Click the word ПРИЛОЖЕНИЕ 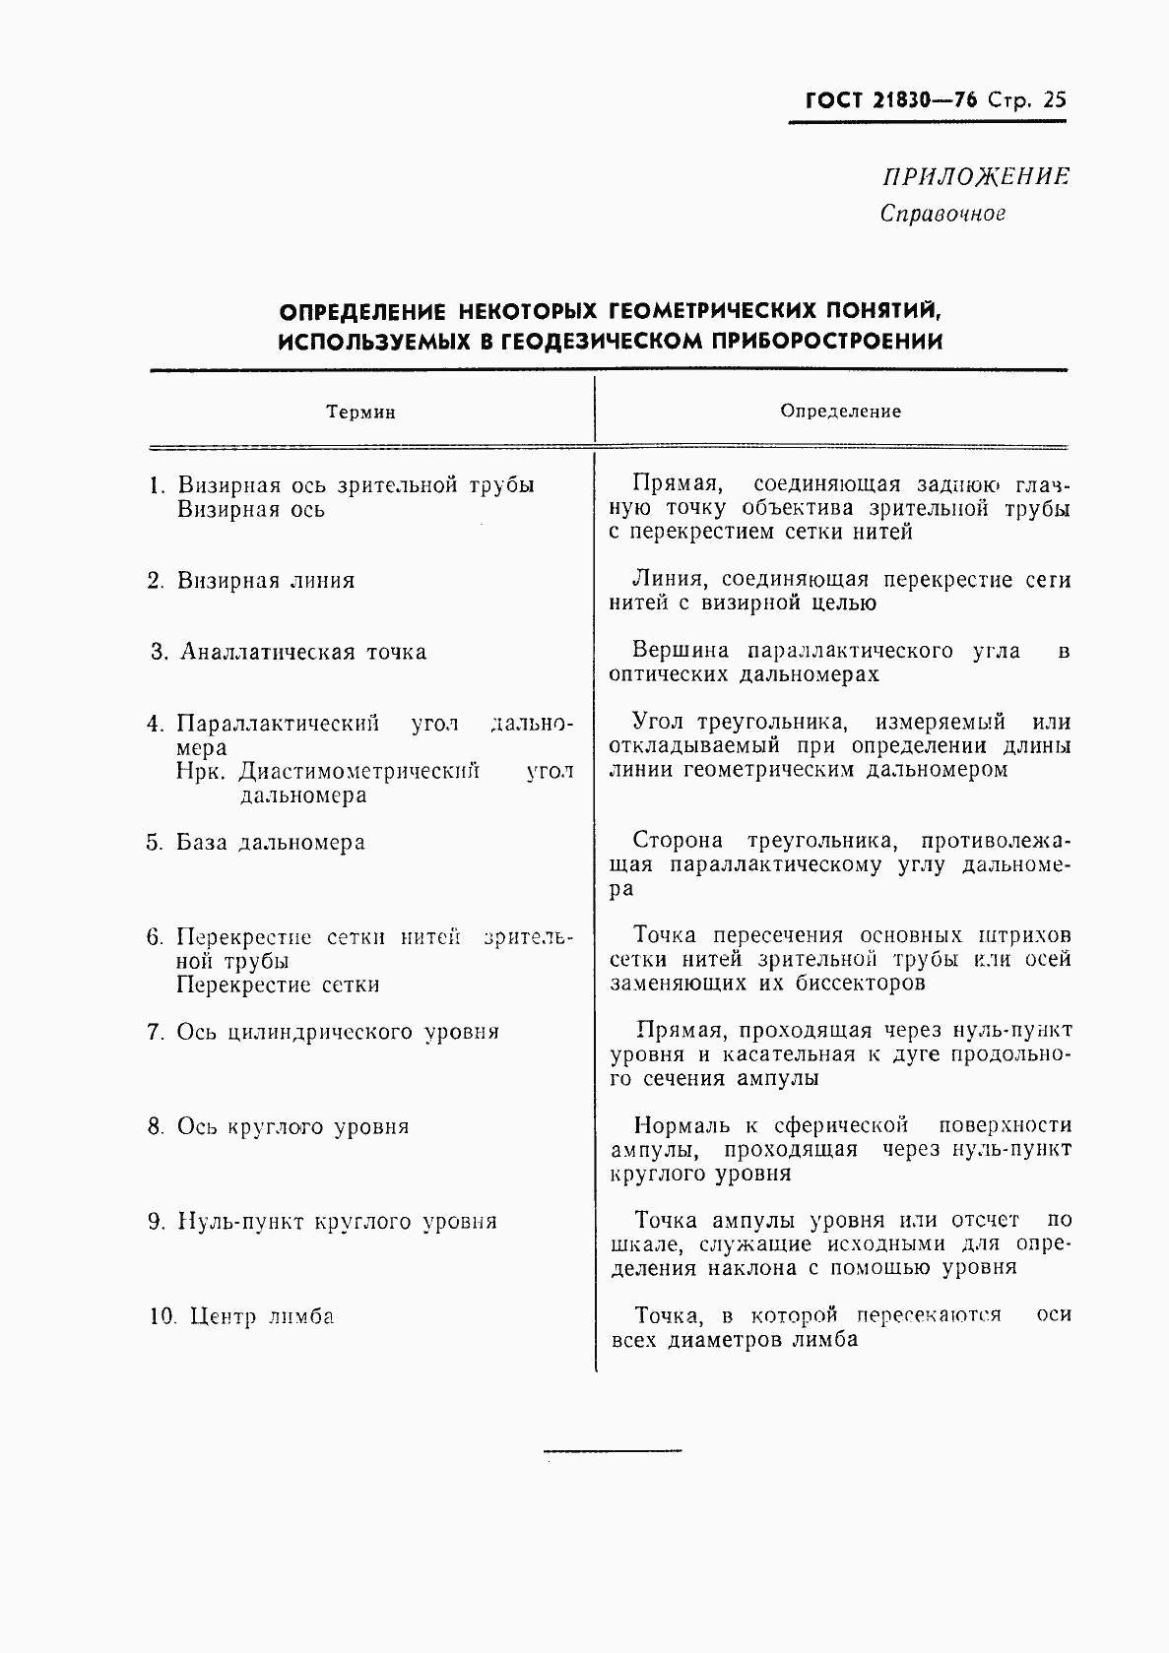pyautogui.click(x=975, y=177)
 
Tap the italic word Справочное pyautogui.click(x=942, y=214)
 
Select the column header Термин pyautogui.click(x=361, y=413)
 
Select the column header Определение pyautogui.click(x=840, y=412)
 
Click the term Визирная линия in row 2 pyautogui.click(x=266, y=581)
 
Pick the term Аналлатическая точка pyautogui.click(x=303, y=652)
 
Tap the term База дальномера pyautogui.click(x=271, y=843)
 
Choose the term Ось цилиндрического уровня pyautogui.click(x=338, y=1033)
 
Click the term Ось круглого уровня pyautogui.click(x=292, y=1127)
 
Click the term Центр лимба pyautogui.click(x=261, y=1317)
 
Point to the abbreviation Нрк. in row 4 pyautogui.click(x=202, y=771)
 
